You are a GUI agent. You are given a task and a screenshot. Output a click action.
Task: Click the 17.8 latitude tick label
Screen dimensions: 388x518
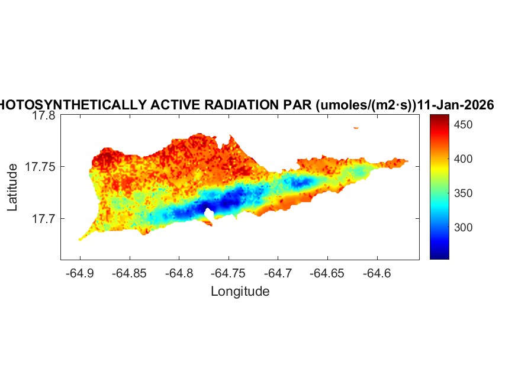point(43,116)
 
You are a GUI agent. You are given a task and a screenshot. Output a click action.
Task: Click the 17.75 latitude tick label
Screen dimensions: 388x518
point(40,167)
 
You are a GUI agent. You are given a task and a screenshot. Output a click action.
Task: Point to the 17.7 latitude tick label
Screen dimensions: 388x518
point(43,219)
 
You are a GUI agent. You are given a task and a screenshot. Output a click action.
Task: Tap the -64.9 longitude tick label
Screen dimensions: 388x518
point(80,273)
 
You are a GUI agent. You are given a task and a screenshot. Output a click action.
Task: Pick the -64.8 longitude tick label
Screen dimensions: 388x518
point(179,273)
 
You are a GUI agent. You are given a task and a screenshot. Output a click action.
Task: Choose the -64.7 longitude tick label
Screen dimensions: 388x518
point(279,273)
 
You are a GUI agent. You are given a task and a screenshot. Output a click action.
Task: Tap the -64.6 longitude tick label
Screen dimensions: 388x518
point(378,273)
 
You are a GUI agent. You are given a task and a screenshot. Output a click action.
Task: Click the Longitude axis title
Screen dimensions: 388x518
point(240,291)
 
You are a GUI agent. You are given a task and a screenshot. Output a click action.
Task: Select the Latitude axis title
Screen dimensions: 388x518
point(12,188)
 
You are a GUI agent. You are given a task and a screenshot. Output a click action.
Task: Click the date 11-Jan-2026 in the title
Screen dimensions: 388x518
point(456,105)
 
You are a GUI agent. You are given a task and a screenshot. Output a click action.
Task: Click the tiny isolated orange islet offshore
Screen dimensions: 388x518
point(356,127)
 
